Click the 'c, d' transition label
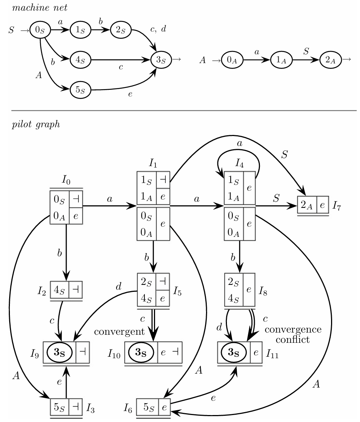click(158, 30)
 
